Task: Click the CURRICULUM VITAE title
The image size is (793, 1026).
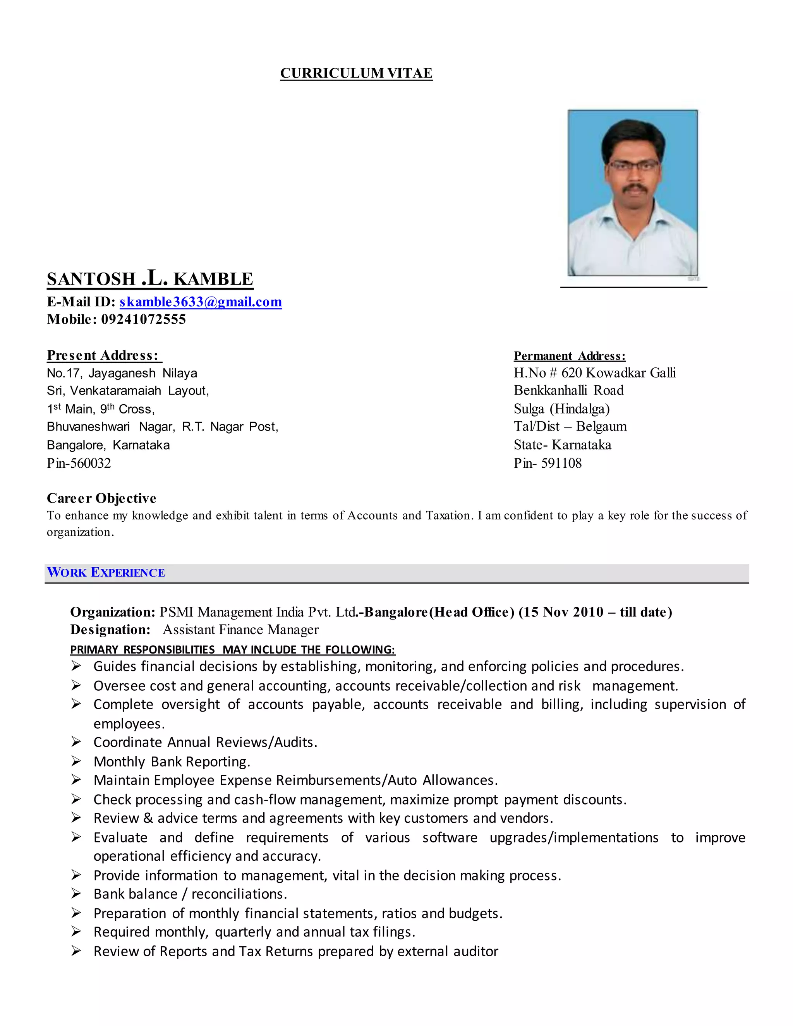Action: [x=356, y=73]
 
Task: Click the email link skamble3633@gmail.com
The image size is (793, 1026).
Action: [x=201, y=302]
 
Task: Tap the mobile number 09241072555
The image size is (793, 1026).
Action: [x=143, y=319]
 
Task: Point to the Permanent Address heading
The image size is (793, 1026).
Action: [x=569, y=356]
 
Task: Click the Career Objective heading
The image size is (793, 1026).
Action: [x=101, y=498]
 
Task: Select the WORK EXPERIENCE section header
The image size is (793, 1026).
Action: [x=106, y=573]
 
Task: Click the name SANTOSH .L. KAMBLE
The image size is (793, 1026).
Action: [x=150, y=279]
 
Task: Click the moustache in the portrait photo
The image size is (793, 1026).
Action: [x=632, y=187]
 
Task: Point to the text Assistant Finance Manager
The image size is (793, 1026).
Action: [x=240, y=630]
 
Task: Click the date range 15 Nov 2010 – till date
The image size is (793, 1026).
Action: [x=595, y=612]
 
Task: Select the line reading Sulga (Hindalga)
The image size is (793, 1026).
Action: [x=561, y=409]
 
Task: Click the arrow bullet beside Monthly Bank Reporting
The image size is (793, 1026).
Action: [x=76, y=761]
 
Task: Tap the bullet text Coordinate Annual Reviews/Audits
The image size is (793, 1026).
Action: [x=205, y=742]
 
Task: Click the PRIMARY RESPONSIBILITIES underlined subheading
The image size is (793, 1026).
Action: [x=233, y=650]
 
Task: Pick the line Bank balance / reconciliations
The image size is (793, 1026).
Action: [x=190, y=894]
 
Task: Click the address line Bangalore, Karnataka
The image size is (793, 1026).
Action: [x=108, y=445]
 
